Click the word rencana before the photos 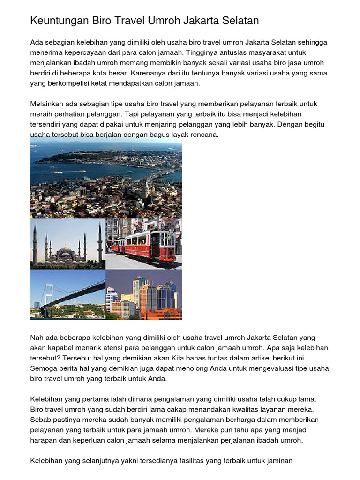pyautogui.click(x=205, y=135)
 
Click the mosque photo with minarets pyautogui.click(x=67, y=244)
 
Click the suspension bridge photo pyautogui.click(x=67, y=294)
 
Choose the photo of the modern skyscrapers pyautogui.click(x=143, y=294)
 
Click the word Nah pyautogui.click(x=37, y=337)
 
